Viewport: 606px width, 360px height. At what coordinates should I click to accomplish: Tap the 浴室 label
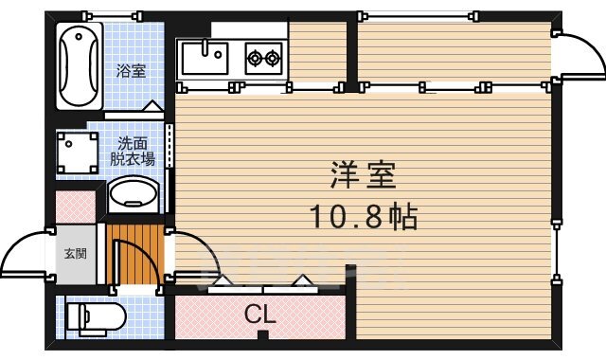click(131, 70)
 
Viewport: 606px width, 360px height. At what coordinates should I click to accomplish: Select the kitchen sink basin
click(203, 58)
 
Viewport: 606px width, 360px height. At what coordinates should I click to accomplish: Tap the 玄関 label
click(75, 254)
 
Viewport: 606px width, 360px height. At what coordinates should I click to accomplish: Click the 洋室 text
click(363, 177)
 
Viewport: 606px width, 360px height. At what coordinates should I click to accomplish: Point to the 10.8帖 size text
click(364, 218)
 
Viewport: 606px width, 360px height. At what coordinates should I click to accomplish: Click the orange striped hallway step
click(133, 250)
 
